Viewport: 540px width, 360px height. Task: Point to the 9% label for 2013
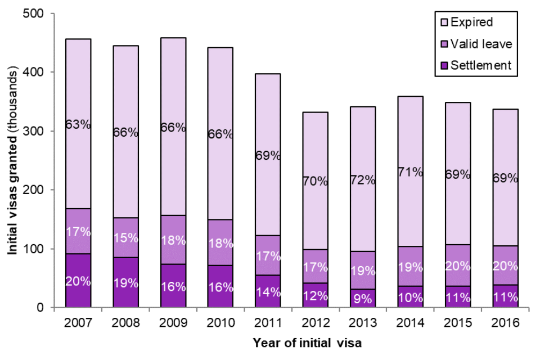[363, 299]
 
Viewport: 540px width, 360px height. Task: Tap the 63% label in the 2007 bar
[78, 124]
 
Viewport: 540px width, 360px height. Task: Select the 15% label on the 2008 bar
[125, 237]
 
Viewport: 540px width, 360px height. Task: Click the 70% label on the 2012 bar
[316, 181]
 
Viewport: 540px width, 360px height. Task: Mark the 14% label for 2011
[268, 292]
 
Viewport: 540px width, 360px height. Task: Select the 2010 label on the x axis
[220, 323]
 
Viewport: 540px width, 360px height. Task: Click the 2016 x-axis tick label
[506, 323]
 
